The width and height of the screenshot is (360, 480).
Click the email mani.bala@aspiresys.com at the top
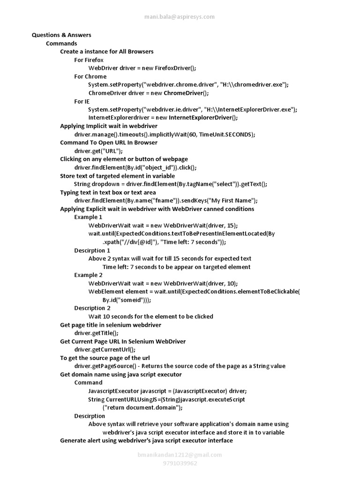tap(180, 17)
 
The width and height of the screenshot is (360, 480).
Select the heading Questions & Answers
tap(61, 35)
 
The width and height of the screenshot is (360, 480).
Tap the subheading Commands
tap(61, 44)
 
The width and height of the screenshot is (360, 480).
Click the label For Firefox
tap(89, 60)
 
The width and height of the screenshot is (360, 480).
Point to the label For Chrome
tap(90, 76)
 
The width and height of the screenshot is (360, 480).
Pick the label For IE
tap(82, 101)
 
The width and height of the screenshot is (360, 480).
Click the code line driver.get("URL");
tap(98, 151)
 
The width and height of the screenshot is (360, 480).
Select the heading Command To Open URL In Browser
tap(109, 142)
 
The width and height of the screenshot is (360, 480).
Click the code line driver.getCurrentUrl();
tap(105, 350)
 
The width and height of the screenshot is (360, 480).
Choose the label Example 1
tap(88, 217)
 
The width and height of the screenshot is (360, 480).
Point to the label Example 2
tap(88, 275)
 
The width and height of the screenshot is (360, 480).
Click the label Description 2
tap(92, 308)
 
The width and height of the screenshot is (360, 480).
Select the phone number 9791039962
tap(180, 463)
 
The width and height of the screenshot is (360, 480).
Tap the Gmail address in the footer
tap(180, 455)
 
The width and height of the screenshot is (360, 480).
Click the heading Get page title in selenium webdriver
tap(111, 325)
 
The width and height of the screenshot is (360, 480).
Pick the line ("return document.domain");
tap(142, 408)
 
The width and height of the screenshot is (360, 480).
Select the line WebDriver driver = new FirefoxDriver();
tap(142, 68)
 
